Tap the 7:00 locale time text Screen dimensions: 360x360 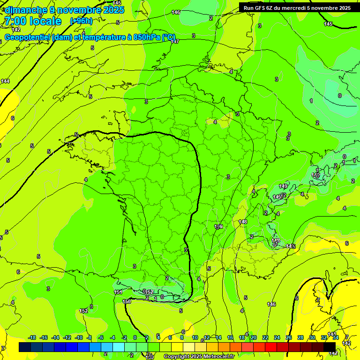32,21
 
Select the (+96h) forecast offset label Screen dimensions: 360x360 81,21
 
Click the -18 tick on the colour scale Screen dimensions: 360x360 32,337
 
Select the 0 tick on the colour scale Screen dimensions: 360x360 135,337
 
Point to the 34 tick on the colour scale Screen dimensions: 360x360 335,337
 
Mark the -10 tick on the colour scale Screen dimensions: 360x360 79,337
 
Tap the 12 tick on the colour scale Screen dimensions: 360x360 207,337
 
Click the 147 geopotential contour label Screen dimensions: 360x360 175,41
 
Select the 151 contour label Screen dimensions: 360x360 118,292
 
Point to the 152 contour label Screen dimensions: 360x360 83,311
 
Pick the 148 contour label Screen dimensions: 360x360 243,222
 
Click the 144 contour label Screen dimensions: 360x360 5,81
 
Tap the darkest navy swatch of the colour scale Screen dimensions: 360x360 25,347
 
